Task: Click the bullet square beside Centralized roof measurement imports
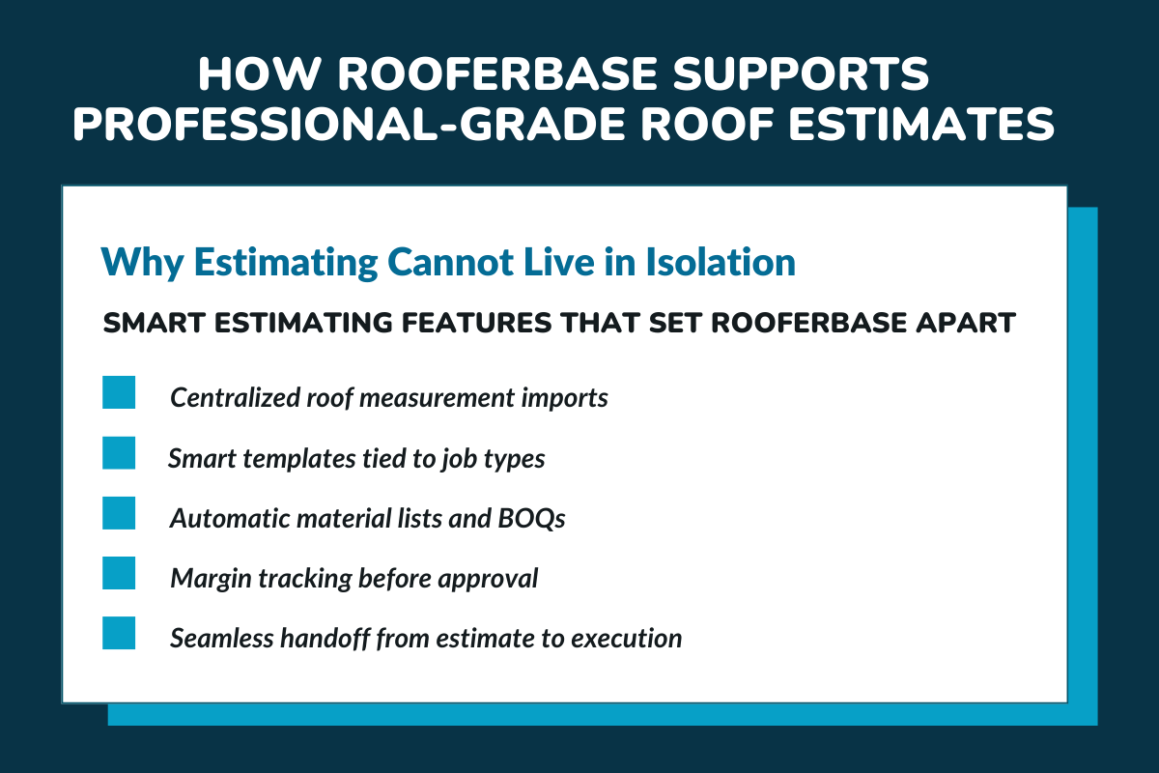coord(119,393)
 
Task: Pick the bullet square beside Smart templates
coord(119,453)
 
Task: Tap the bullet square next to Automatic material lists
coord(119,513)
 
